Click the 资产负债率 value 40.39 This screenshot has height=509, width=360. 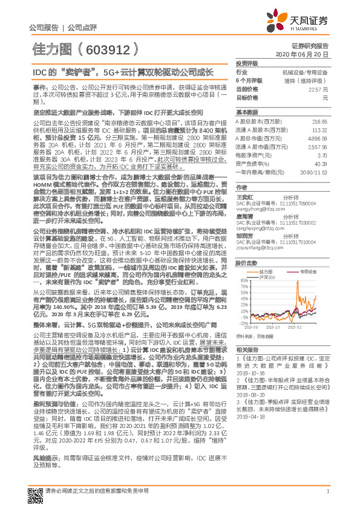tap(321, 163)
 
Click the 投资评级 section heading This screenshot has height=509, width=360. tap(246, 63)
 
